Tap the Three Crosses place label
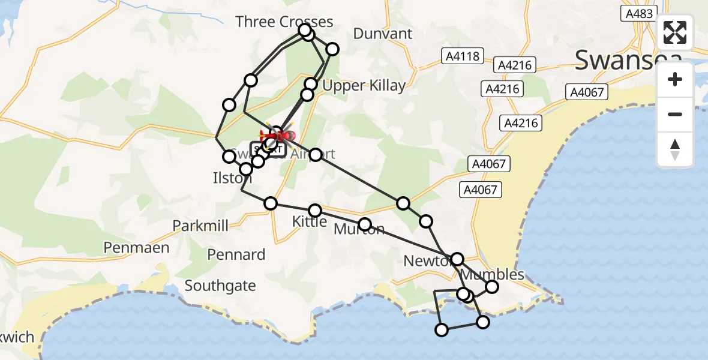284,22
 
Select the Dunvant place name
383,34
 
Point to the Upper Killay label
364,86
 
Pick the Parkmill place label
200,226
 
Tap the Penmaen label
136,247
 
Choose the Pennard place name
236,254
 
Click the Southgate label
220,286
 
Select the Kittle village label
310,221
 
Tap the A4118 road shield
463,56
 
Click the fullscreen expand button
675,32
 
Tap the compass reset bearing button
675,150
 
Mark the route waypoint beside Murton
364,225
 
